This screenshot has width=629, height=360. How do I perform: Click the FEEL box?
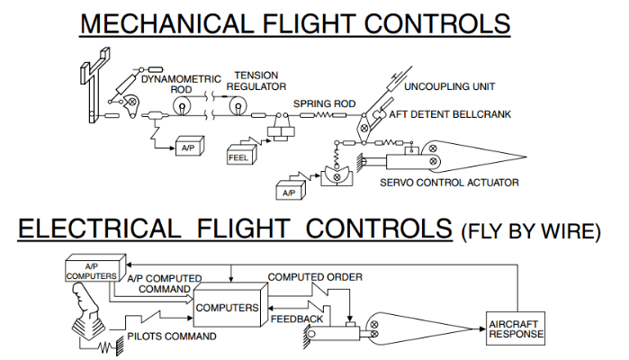pos(239,157)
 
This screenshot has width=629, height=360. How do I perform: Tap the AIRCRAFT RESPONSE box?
pos(515,327)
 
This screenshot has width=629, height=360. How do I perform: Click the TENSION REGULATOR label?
pos(259,80)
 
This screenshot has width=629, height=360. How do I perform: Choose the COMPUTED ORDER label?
pos(315,276)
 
